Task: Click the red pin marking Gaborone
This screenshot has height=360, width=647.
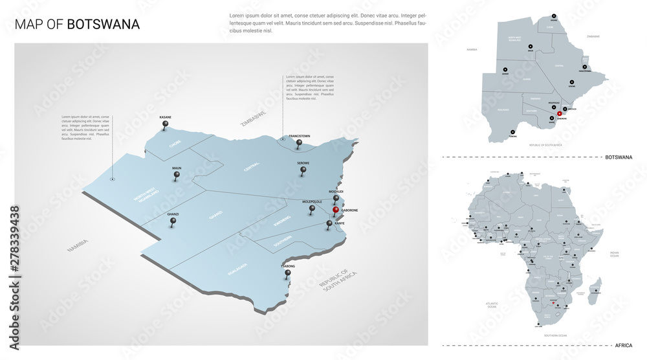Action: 335,210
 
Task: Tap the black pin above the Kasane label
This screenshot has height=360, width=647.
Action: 166,124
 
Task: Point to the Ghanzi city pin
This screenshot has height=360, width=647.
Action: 173,221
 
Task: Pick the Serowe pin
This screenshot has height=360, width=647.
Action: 303,171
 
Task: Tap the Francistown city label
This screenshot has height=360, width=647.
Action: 300,136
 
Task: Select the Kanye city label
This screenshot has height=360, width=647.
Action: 340,223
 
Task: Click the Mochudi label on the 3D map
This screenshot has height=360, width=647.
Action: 336,192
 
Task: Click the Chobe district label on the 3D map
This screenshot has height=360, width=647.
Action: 176,144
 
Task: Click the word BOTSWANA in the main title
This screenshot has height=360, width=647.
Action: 103,25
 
